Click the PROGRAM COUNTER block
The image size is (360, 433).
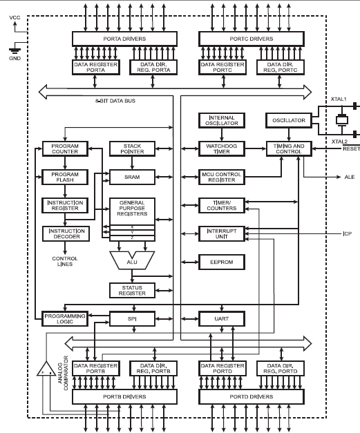[x=65, y=149]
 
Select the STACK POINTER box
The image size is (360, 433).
[x=133, y=149]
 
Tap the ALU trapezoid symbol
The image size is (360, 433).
[x=132, y=260]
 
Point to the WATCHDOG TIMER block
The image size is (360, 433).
[x=222, y=149]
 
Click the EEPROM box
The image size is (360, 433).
[x=222, y=262]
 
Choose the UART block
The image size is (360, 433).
[x=222, y=318]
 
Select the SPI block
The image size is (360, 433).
[x=133, y=318]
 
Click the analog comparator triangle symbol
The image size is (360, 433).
[x=46, y=369]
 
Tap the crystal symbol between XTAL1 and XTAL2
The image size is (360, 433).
[x=342, y=120]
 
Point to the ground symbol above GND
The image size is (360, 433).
[x=15, y=51]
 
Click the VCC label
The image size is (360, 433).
[x=15, y=18]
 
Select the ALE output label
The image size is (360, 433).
[x=350, y=177]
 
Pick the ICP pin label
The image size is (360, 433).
[x=348, y=234]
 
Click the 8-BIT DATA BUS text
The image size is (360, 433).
[x=115, y=101]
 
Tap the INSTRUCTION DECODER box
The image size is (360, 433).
[x=66, y=234]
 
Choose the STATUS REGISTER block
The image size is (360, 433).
[x=133, y=291]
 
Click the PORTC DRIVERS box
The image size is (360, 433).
[x=252, y=39]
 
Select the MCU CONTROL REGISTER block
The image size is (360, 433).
[x=222, y=177]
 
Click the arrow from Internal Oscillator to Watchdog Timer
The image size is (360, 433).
[x=222, y=135]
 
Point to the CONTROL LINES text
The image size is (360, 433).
[x=65, y=262]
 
